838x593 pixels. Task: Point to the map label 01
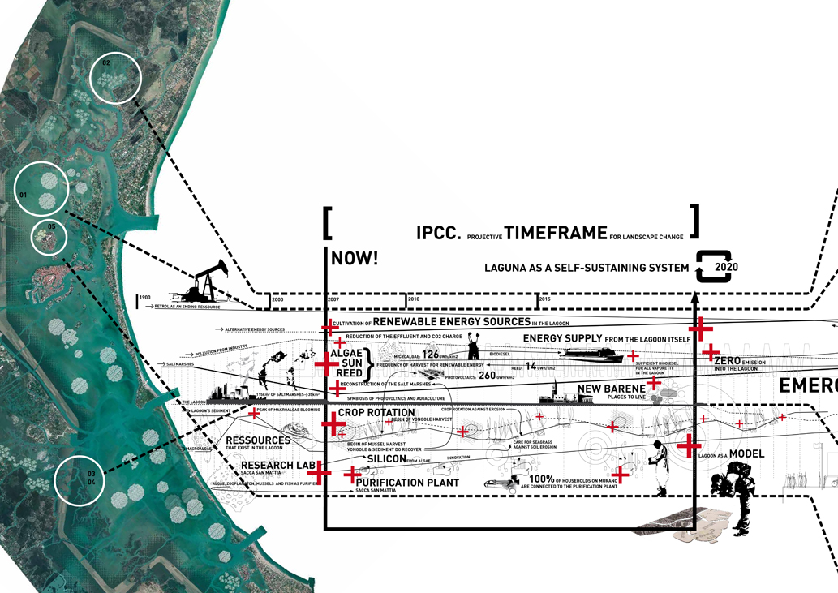coord(23,196)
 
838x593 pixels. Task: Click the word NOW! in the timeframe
coord(355,260)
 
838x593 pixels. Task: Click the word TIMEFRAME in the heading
coord(555,234)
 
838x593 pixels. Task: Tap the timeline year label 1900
coord(146,299)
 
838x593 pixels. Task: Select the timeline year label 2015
coord(545,299)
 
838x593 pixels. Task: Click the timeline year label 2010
coord(414,299)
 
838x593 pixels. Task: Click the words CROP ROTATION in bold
coord(376,413)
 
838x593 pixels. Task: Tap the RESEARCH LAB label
coord(277,466)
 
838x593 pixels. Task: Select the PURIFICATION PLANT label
coord(407,483)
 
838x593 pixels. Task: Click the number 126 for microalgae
coord(430,355)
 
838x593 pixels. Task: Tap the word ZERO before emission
coord(728,359)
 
